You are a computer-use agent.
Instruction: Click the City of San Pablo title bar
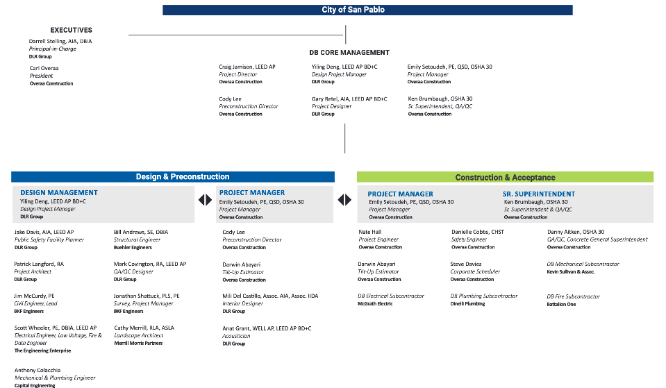click(367, 10)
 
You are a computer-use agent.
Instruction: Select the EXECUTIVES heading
click(71, 31)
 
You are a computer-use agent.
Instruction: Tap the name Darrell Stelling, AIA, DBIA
click(60, 42)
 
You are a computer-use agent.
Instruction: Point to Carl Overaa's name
click(44, 68)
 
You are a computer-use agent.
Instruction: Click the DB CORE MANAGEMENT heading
click(349, 53)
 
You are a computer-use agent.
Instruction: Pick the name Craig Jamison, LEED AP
click(247, 67)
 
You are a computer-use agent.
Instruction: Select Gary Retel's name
click(349, 99)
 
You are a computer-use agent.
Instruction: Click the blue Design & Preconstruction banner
click(172, 177)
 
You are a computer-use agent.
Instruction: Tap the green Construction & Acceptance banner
click(505, 178)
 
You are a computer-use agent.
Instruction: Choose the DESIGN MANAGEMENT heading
click(59, 193)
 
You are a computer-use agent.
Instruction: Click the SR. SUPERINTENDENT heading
click(539, 194)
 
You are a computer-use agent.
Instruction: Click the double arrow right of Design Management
click(205, 200)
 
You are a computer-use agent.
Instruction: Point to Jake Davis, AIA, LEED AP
click(44, 232)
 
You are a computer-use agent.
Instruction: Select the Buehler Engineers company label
click(133, 248)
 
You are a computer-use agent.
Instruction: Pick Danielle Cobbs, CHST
click(478, 232)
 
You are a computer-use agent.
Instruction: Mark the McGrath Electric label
click(375, 304)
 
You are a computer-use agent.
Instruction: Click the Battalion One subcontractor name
click(561, 304)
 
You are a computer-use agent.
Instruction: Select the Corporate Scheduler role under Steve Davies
click(476, 271)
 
